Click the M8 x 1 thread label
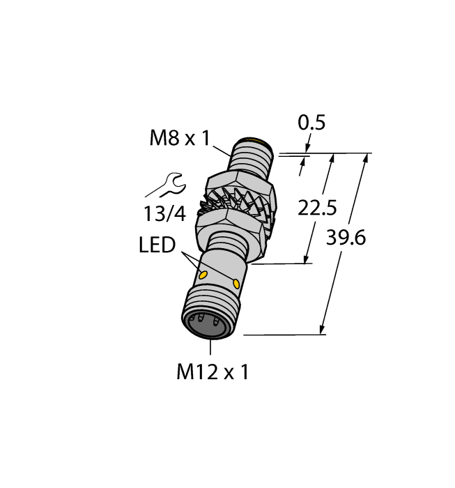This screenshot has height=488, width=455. point(180,139)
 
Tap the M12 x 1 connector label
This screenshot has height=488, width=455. point(213,372)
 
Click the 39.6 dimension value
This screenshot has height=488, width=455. point(346,238)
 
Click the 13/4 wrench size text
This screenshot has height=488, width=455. point(165,214)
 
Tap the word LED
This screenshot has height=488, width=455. point(157,245)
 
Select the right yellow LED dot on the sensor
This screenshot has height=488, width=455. point(238,284)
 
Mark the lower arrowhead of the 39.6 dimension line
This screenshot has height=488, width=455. point(323,329)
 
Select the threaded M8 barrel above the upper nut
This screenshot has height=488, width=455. point(253,162)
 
